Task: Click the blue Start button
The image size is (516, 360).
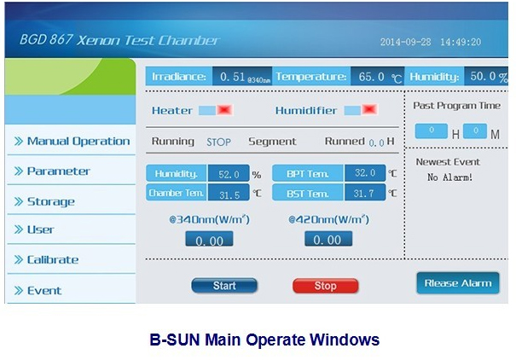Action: click(x=224, y=285)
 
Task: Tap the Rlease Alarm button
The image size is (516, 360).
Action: click(x=458, y=283)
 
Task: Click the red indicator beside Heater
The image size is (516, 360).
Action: click(x=225, y=110)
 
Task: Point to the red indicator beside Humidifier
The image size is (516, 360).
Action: click(x=369, y=109)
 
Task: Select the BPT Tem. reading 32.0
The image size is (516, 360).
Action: click(x=365, y=173)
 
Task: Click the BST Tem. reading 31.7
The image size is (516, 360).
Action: click(x=365, y=193)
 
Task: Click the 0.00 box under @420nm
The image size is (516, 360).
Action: click(x=328, y=239)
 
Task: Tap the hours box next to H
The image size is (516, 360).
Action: click(x=431, y=131)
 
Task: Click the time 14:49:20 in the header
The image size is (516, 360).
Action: click(x=461, y=42)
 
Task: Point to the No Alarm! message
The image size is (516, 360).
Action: click(x=449, y=177)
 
